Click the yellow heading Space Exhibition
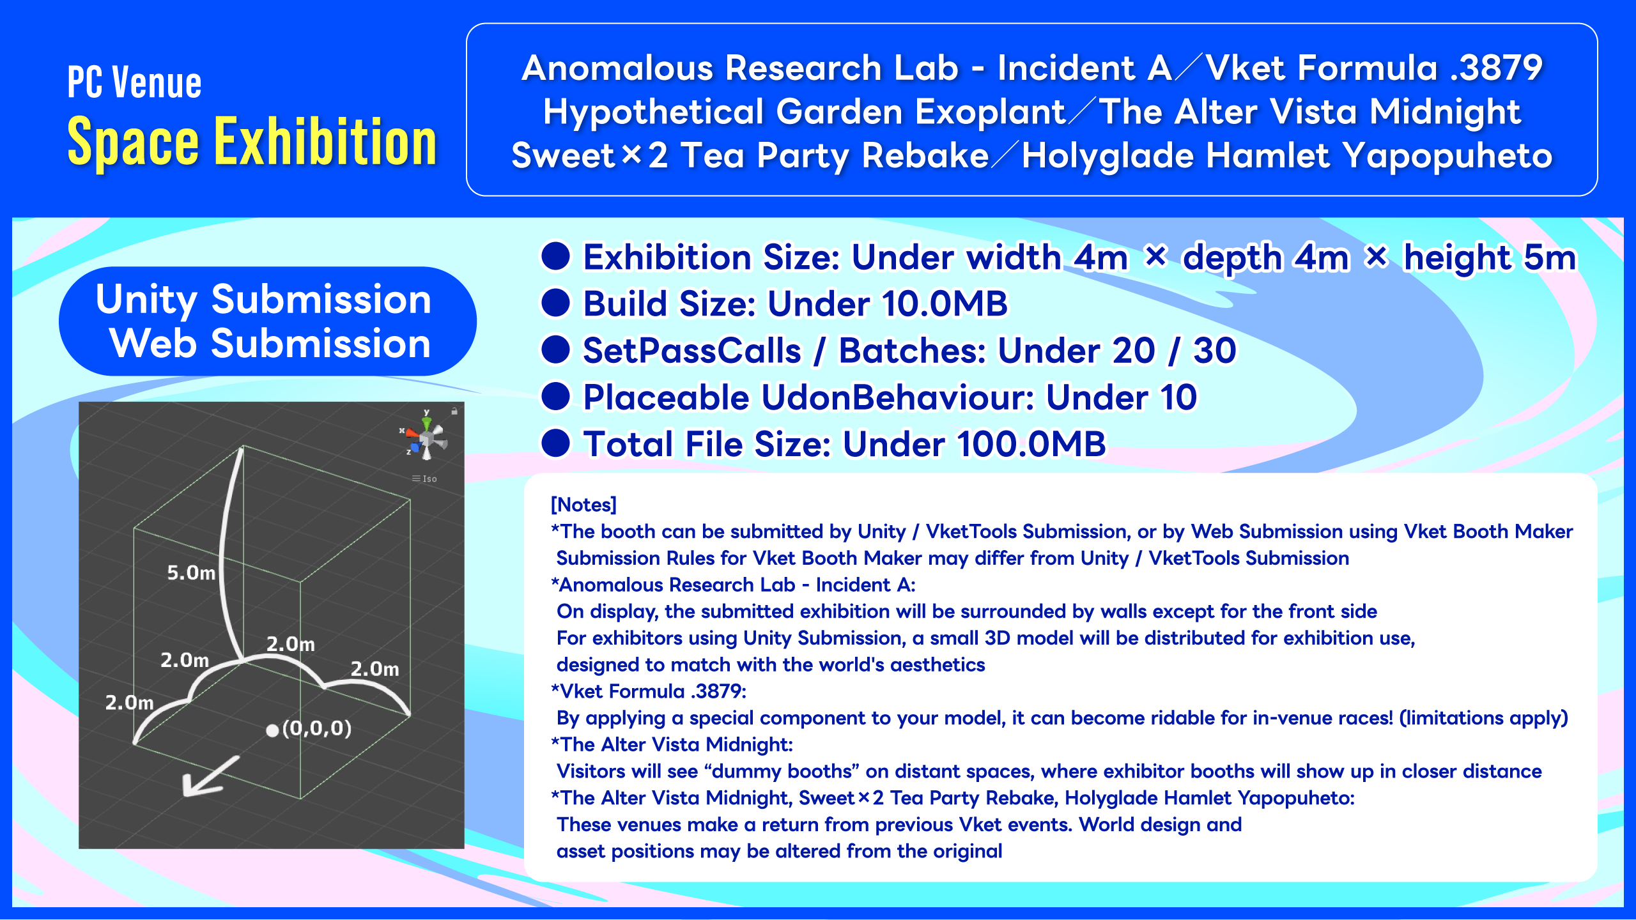point(252,141)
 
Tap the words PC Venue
point(134,83)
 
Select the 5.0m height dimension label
point(191,572)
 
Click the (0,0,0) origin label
point(317,728)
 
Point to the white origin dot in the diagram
point(272,730)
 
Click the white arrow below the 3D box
point(210,776)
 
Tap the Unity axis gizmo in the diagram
point(425,434)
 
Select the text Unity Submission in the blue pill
point(263,299)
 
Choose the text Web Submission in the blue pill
point(270,344)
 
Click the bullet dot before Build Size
point(555,303)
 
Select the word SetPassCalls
point(691,351)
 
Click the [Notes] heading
point(583,505)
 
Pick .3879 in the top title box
point(1497,68)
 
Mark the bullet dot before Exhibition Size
point(555,256)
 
